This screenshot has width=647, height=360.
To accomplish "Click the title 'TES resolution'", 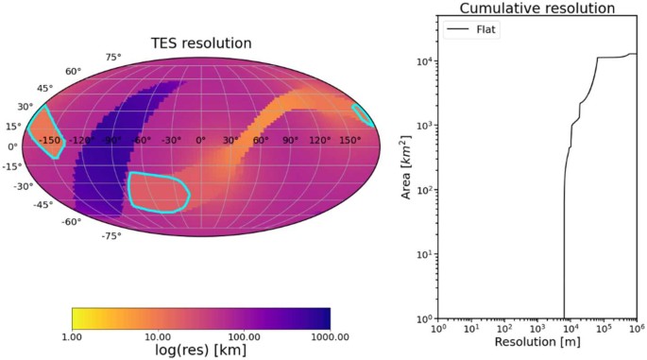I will pos(200,43).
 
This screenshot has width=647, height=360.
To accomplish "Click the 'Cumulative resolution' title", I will pos(536,9).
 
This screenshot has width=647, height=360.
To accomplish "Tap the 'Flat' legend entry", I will pos(485,29).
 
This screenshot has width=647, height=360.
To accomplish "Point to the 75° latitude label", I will pos(113,58).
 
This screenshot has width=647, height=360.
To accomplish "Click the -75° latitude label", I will pos(111,235).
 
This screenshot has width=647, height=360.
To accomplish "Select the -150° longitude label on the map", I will pos(49,140).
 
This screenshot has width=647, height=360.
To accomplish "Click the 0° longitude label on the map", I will pos(200,140).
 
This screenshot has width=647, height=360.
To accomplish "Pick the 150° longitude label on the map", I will pos(349,140).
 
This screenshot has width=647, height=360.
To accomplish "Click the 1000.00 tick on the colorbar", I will pos(329,336).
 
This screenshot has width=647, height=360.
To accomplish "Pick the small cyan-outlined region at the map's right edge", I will pos(363,114).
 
